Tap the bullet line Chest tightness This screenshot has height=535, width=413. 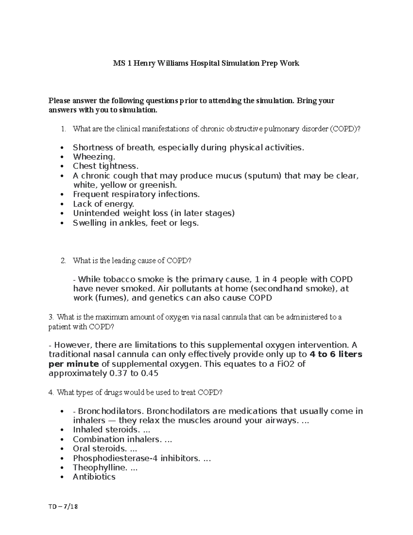[105, 166]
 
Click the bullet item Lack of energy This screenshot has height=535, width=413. [103, 204]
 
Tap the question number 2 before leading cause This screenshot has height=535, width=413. [63, 261]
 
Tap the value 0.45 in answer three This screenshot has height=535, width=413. [149, 373]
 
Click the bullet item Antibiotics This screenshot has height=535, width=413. [94, 477]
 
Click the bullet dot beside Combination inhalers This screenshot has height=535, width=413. [62, 440]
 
